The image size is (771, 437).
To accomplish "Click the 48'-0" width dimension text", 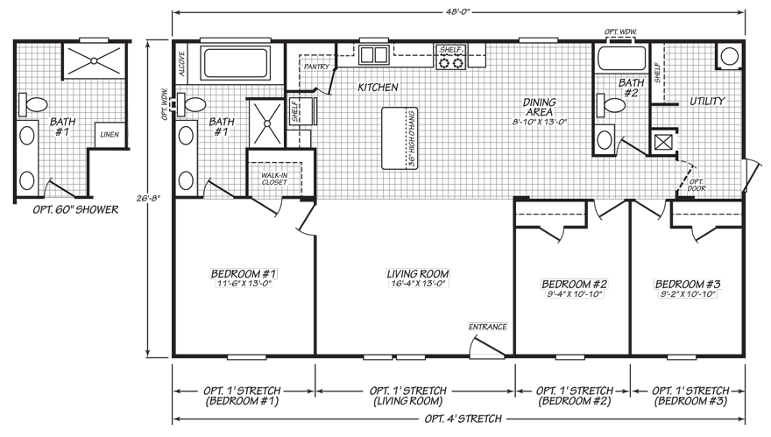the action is tap(458, 11).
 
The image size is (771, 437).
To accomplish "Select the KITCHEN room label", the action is tap(378, 88).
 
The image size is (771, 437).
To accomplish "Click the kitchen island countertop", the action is tap(400, 138).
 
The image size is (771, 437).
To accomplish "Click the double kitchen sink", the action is tap(374, 54).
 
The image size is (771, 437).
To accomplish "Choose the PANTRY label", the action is tap(316, 67).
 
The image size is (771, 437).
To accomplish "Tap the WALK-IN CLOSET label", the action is tap(274, 179).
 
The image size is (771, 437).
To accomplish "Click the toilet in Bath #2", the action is tap(610, 105).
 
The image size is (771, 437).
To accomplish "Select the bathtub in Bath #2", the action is tap(621, 59).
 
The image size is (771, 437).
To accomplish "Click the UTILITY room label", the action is tap(707, 102).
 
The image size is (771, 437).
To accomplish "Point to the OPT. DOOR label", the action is tap(697, 185).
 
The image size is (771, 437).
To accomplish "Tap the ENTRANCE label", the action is tap(487, 327).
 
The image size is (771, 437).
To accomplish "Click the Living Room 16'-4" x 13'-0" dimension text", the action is tap(417, 284).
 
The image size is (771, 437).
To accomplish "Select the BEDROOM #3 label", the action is tap(688, 284).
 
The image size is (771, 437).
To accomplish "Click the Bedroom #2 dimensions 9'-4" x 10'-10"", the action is tap(574, 294).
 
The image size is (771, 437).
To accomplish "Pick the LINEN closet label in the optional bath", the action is tap(110, 135).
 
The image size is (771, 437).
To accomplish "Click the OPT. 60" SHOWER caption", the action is tap(75, 210).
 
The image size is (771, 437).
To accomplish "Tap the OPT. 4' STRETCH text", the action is tap(463, 419).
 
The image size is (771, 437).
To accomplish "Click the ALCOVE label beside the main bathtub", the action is tap(182, 64).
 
